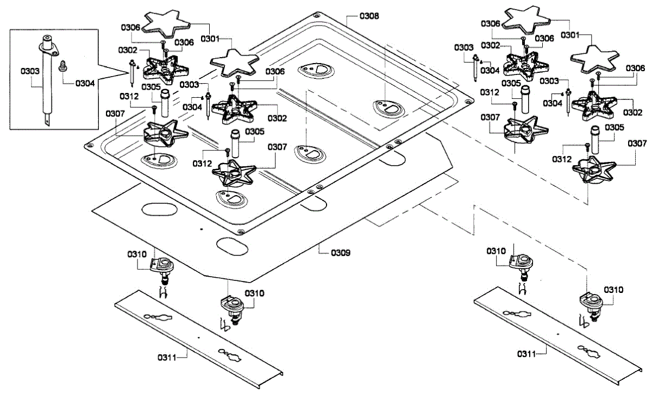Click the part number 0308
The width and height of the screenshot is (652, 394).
pos(369,16)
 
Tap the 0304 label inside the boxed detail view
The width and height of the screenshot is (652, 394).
pos(85,84)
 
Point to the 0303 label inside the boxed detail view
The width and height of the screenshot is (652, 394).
pos(30,71)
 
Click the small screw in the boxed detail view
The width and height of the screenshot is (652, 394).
pos(62,66)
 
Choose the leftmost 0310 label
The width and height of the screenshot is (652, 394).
pos(137,254)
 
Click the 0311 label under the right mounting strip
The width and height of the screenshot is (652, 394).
pos(525,354)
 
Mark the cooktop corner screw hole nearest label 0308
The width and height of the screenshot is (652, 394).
pos(316,15)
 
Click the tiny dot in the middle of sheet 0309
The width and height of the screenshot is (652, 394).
pos(201,229)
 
